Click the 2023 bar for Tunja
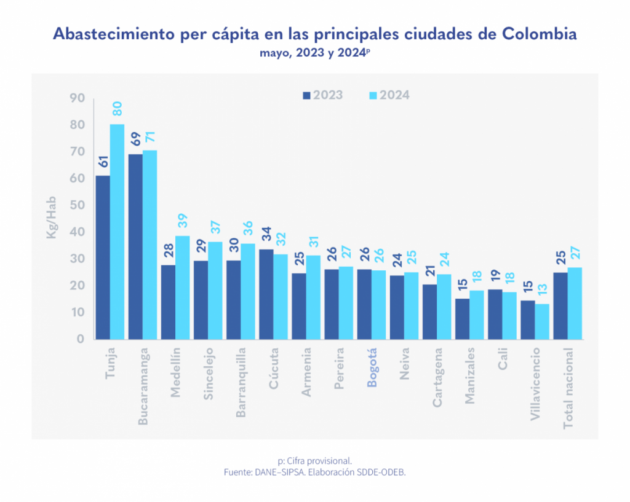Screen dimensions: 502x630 tap(103, 257)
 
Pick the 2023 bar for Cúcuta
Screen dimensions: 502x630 tap(266, 294)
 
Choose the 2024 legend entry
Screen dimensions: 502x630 tap(388, 95)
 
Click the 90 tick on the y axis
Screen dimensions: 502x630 tap(77, 98)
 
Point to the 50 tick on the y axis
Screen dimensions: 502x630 tap(77, 205)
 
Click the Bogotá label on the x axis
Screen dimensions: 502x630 tap(372, 367)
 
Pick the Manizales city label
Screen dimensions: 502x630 tap(470, 376)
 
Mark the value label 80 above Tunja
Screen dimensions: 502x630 tap(117, 109)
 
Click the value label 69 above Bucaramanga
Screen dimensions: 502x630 tap(135, 138)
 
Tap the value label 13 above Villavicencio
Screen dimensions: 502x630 tap(542, 289)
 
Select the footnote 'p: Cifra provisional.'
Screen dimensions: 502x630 tap(315, 460)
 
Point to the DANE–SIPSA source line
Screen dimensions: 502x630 tap(315, 472)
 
